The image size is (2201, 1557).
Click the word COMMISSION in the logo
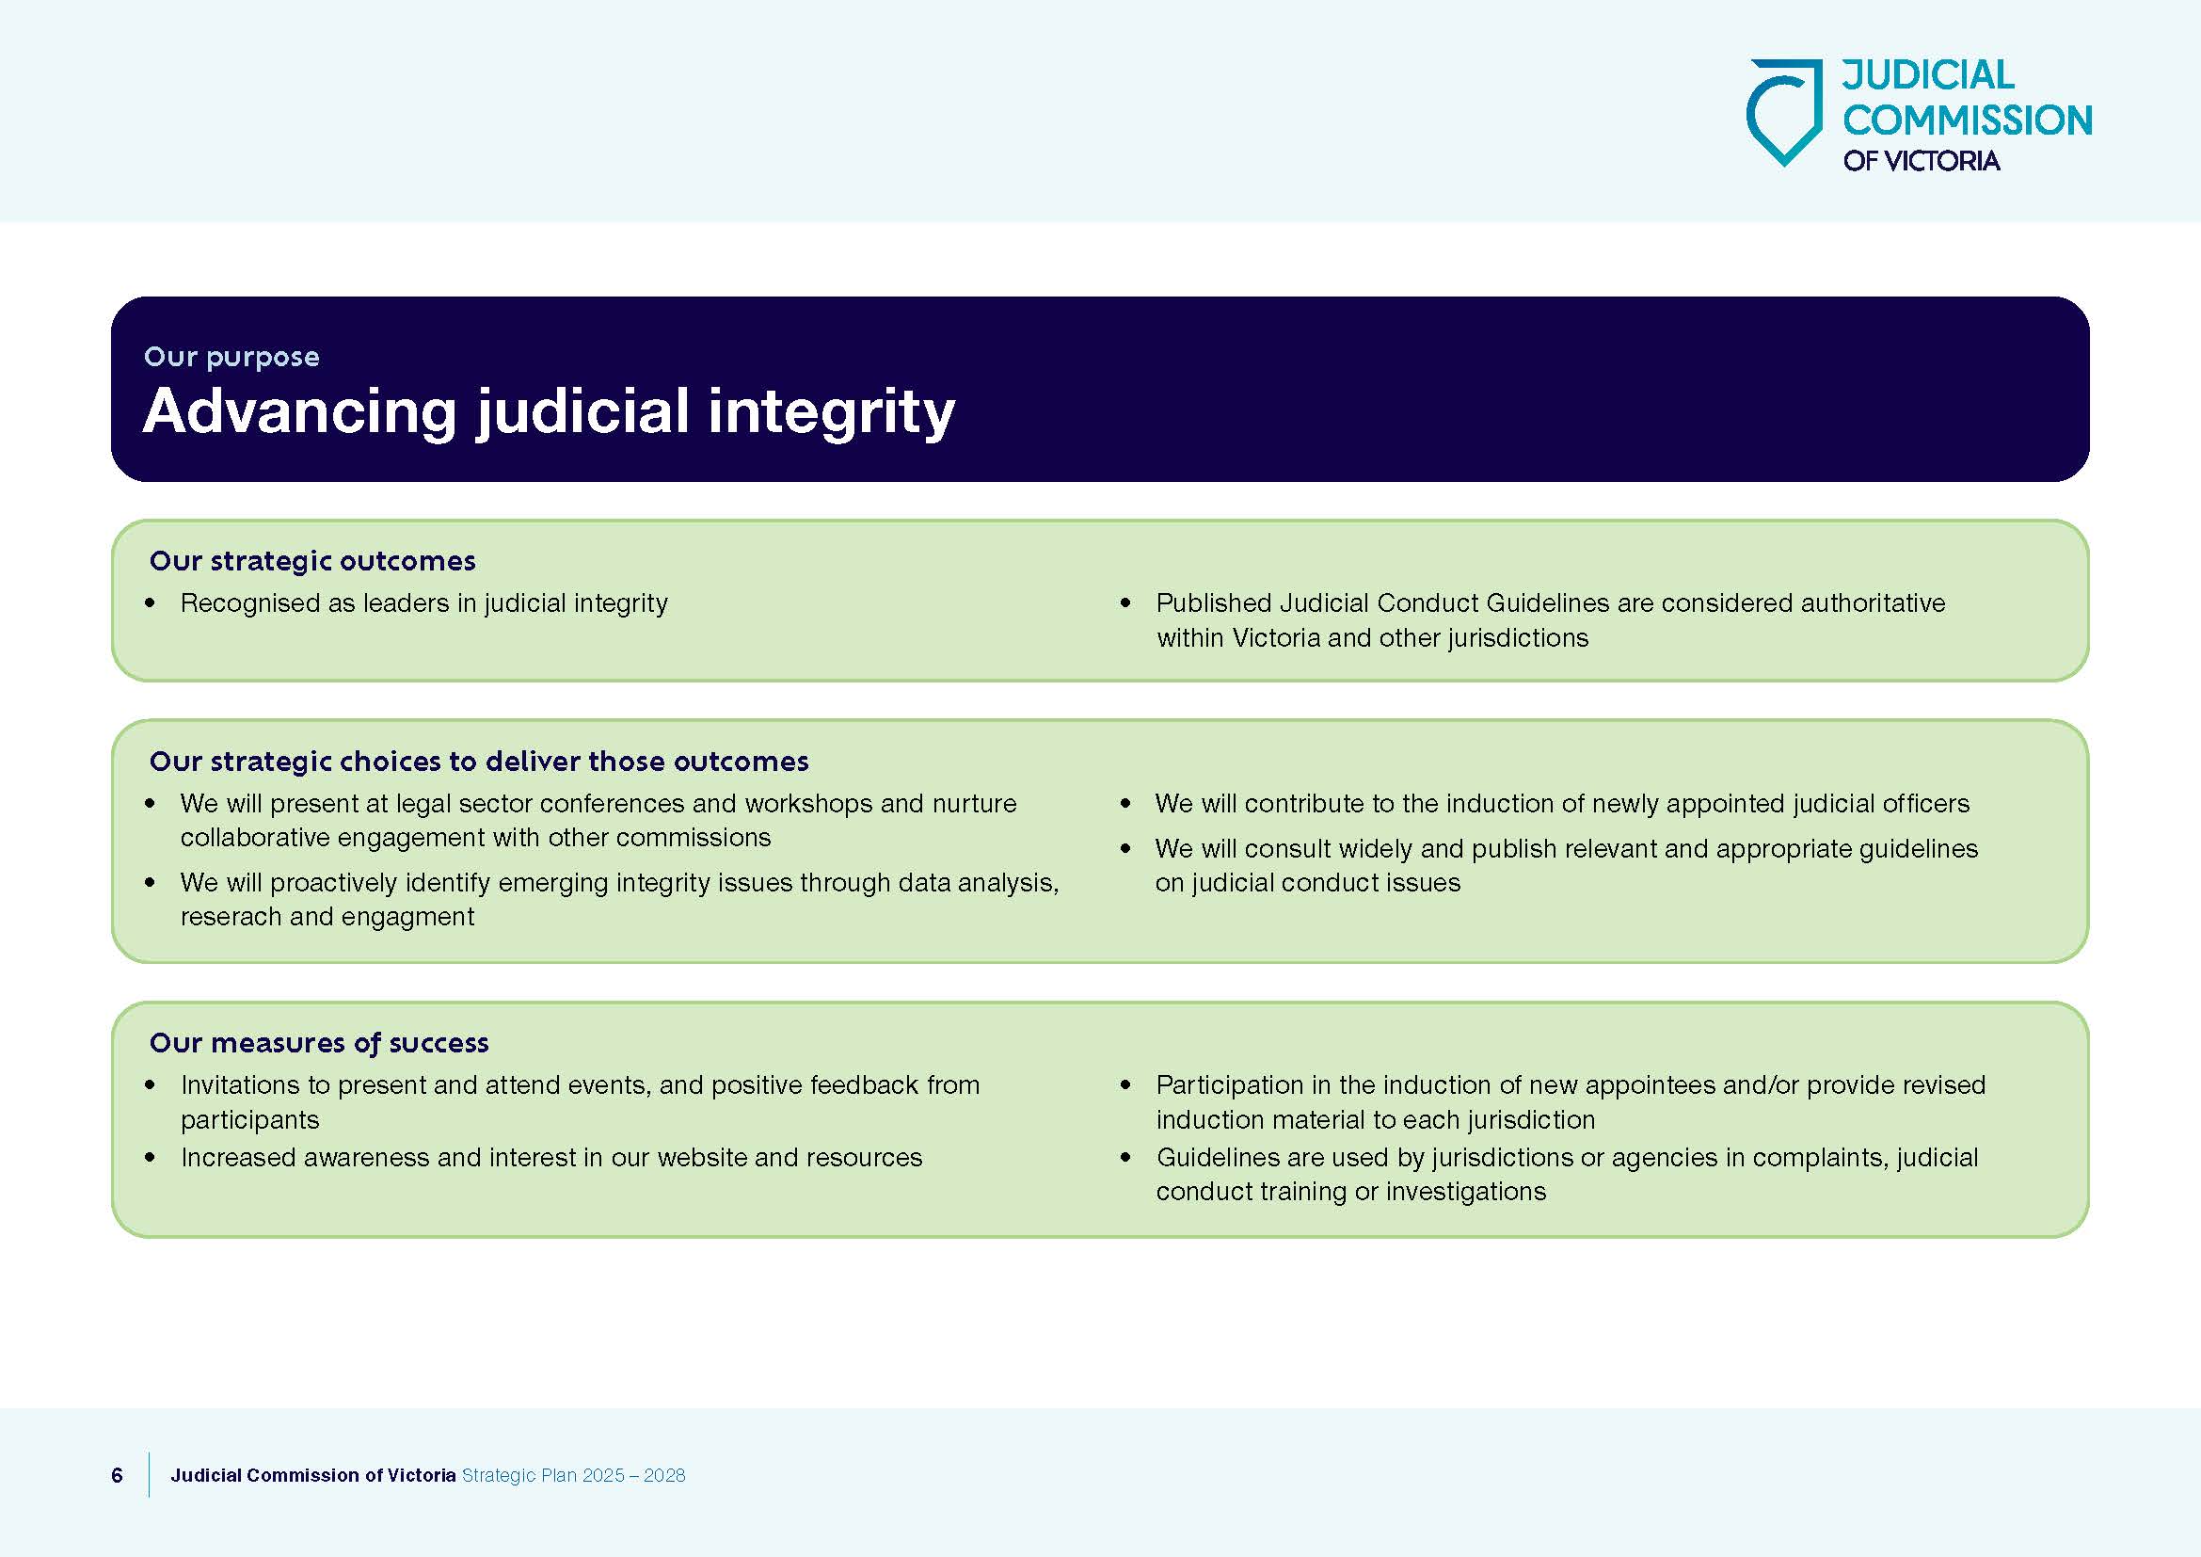click(x=1967, y=120)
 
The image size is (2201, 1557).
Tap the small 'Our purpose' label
click(x=232, y=357)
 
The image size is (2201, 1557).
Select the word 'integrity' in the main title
click(x=831, y=412)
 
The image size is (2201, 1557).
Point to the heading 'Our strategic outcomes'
click(x=312, y=561)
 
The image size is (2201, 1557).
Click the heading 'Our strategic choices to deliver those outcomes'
click(x=479, y=762)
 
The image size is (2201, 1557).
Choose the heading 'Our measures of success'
click(x=319, y=1043)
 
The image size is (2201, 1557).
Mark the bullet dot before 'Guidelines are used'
click(x=1125, y=1158)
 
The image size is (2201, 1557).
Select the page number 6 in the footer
click(x=117, y=1475)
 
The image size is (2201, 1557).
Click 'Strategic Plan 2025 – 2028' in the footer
click(x=573, y=1475)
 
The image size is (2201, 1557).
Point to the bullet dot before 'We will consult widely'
click(x=1125, y=848)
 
